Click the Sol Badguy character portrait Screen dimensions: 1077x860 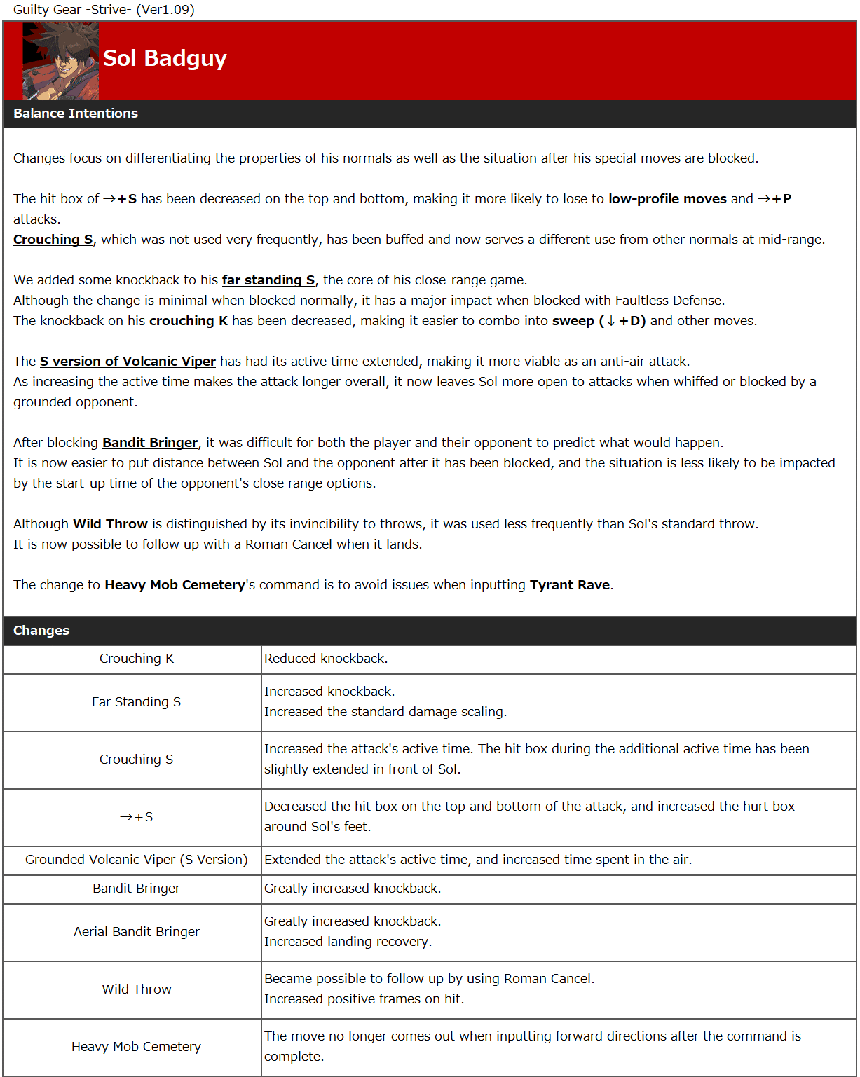[60, 60]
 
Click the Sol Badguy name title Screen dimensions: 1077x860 [165, 58]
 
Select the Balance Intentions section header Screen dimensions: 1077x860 [76, 114]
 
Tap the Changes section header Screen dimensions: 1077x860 [41, 631]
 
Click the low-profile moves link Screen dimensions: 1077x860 [667, 199]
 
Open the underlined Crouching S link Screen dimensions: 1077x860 [53, 240]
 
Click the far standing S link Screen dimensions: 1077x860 [268, 280]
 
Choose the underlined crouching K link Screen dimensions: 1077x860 [189, 321]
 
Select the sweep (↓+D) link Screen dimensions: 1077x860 [599, 321]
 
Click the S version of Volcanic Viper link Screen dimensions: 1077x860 [128, 362]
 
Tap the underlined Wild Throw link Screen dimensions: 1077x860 [111, 524]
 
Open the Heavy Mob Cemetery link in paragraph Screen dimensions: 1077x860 [175, 585]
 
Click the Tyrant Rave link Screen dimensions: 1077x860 [570, 585]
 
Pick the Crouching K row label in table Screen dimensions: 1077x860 [137, 659]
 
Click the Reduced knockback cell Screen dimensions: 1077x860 [326, 659]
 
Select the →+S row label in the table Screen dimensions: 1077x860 [137, 817]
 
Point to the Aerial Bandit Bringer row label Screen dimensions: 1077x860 [137, 932]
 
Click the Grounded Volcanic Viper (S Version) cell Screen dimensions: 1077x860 [137, 860]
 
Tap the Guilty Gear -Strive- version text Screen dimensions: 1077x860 [104, 10]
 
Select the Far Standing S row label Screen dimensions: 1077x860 [137, 702]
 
